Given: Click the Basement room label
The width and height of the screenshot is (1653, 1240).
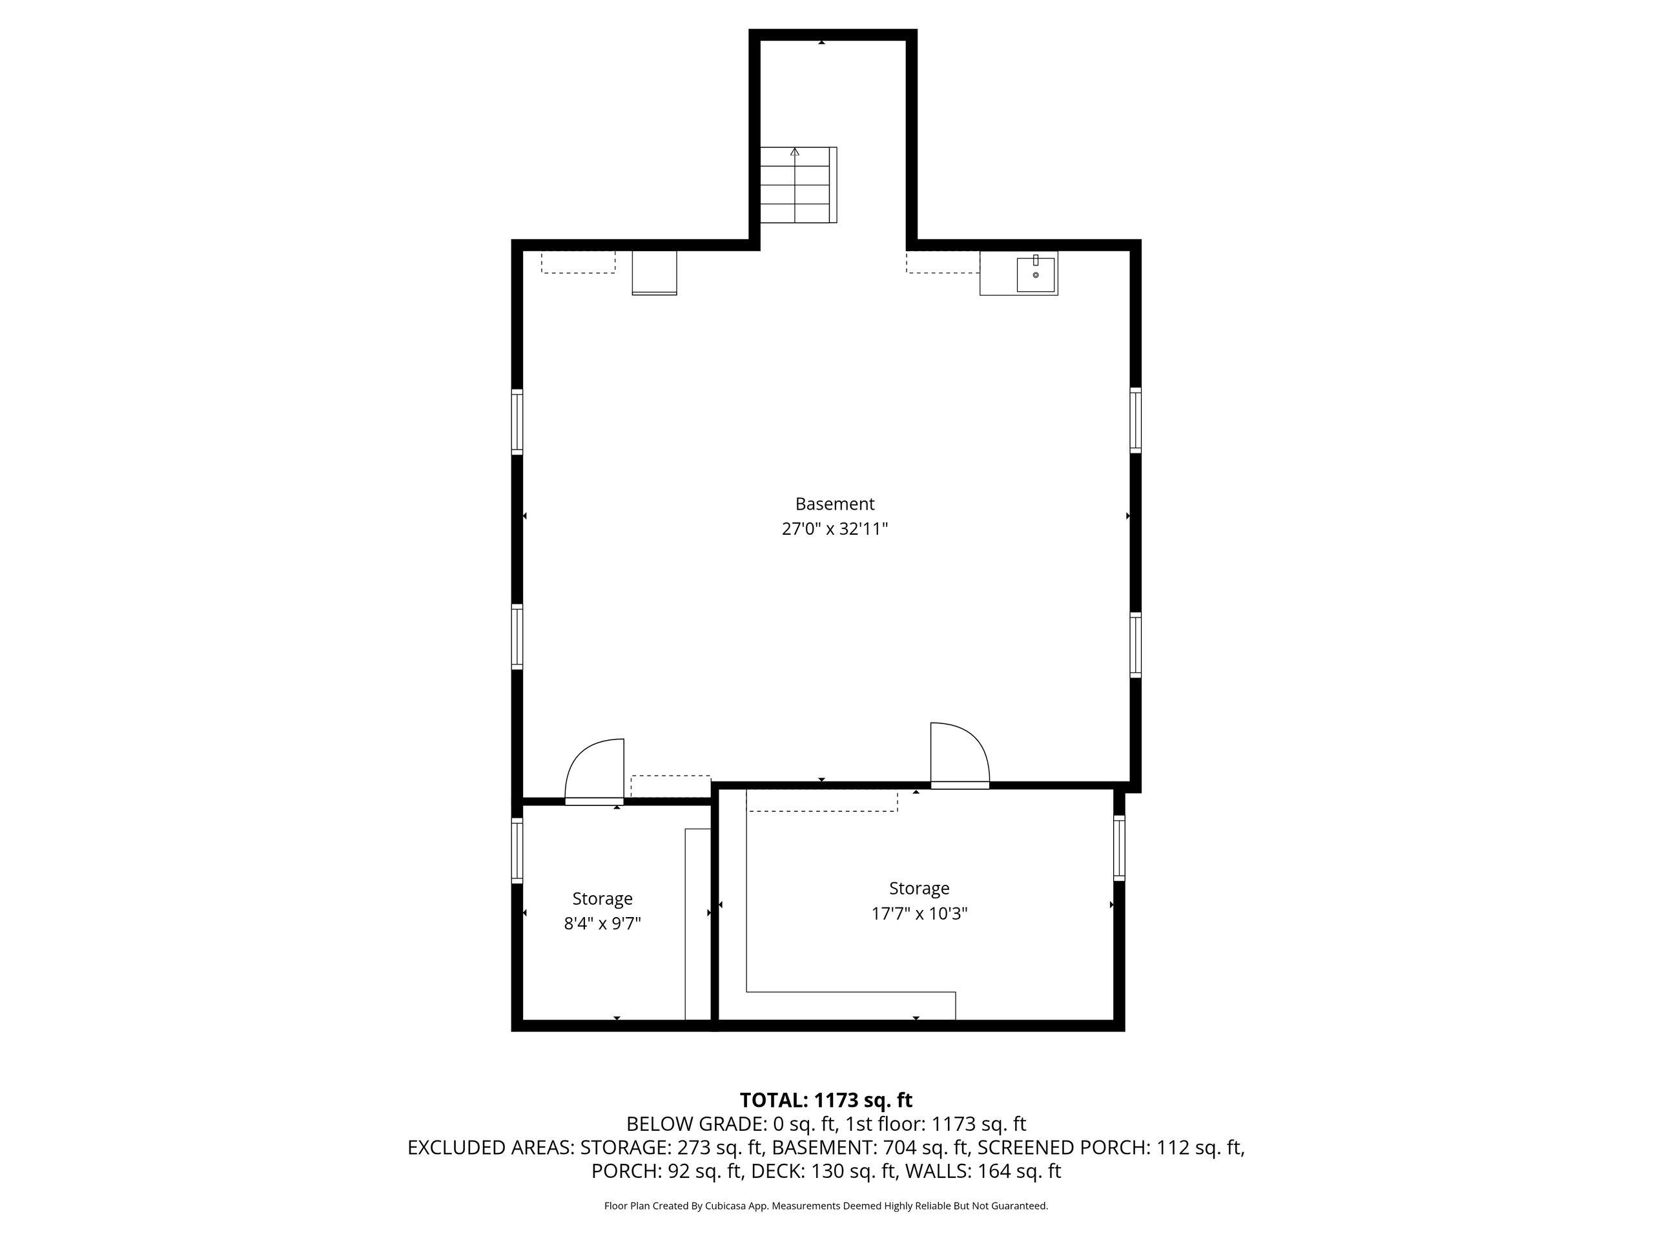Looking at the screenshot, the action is (834, 504).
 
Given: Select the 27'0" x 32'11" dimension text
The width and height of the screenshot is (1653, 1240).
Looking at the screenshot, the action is (834, 529).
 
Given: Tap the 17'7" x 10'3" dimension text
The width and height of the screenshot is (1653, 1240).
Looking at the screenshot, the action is (919, 913).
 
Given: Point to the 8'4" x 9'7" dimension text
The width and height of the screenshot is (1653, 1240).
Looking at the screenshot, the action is (602, 924).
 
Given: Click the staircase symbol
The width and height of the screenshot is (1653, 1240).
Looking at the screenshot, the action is (798, 185).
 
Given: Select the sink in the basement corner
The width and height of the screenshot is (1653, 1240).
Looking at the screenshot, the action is (1036, 274).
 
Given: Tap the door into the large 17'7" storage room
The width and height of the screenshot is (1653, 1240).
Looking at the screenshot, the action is (960, 756).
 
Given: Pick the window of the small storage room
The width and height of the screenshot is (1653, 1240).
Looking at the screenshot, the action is (517, 850).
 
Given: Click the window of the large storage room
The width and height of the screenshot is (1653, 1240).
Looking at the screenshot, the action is (1119, 847).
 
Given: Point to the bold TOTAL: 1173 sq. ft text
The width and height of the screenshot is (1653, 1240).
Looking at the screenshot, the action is (826, 1100).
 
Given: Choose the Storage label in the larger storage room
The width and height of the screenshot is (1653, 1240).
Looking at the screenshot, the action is (919, 888).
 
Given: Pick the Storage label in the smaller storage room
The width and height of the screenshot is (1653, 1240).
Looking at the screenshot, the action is (602, 898).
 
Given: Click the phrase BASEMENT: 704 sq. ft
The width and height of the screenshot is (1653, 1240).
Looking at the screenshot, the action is (870, 1147).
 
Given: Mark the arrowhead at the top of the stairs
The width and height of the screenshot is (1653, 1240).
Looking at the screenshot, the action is (794, 152).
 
